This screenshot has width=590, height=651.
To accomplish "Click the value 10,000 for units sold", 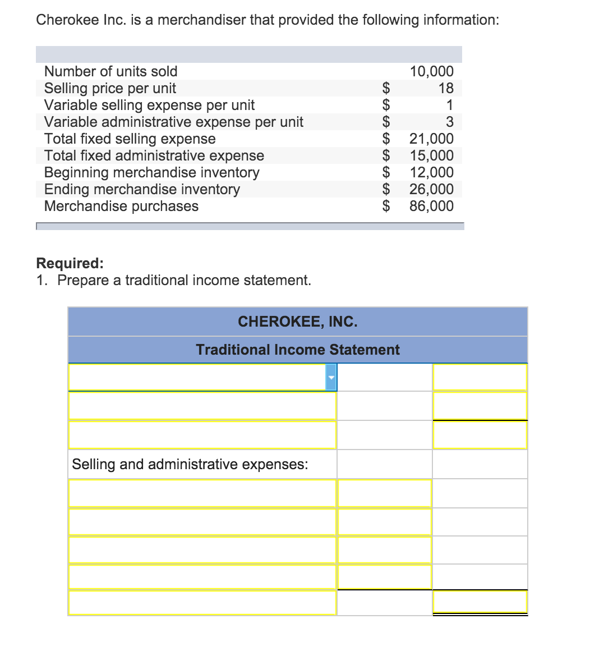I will [x=431, y=71].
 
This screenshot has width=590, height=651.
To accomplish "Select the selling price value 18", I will [x=446, y=88].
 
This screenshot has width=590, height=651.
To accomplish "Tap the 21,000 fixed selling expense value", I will [x=431, y=139].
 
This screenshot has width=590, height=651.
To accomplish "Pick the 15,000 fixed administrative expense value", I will [x=431, y=155].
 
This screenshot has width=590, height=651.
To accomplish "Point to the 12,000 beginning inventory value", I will [x=431, y=172].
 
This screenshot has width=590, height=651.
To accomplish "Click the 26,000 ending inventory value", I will [x=431, y=189].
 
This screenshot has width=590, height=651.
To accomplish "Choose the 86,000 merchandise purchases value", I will [x=431, y=206].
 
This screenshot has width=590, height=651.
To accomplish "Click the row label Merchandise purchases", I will [x=121, y=206].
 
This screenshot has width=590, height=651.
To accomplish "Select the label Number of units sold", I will [x=110, y=71].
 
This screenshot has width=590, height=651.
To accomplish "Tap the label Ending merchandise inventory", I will [x=142, y=189].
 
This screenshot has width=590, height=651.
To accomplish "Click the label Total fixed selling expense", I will [x=130, y=139].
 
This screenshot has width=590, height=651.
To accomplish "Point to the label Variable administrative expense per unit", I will [x=173, y=122].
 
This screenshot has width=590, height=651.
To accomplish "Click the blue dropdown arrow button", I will [x=331, y=377].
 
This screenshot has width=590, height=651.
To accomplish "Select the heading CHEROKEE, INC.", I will [x=297, y=322].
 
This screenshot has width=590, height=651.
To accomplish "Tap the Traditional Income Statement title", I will [x=297, y=350].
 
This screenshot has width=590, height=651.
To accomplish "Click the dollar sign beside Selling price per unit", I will [x=386, y=88].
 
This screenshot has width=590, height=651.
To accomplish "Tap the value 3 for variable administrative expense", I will [x=449, y=122].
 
